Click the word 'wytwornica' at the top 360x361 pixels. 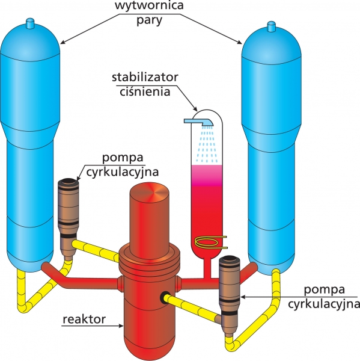(149, 5)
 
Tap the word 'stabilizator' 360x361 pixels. (145, 77)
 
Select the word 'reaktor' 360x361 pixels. (84, 319)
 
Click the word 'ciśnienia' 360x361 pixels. (145, 91)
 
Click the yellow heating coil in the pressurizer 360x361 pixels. (210, 242)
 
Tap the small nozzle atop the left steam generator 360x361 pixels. (29, 23)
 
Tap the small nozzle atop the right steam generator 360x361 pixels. (271, 26)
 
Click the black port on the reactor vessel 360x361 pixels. (165, 297)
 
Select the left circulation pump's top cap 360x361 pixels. (69, 182)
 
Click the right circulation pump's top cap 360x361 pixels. (229, 259)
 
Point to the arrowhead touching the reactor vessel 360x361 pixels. (121, 326)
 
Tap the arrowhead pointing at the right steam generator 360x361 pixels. (239, 42)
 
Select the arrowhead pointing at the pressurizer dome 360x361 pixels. (195, 109)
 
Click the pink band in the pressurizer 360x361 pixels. (207, 176)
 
